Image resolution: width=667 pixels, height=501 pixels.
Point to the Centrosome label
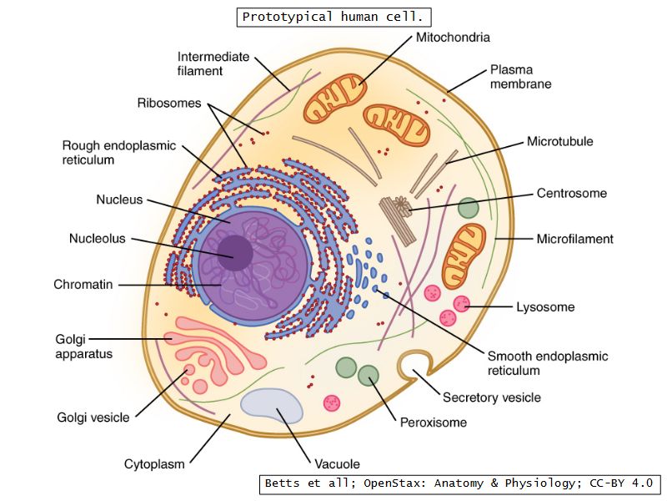[571, 194]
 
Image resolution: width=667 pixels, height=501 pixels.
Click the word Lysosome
[545, 307]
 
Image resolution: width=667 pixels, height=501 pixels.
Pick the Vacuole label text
[338, 464]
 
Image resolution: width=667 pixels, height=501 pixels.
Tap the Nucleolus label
[98, 239]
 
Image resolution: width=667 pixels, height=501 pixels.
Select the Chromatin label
[83, 285]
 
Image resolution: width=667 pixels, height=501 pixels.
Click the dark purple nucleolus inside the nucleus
[235, 252]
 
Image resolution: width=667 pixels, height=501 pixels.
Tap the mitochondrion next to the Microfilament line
[463, 255]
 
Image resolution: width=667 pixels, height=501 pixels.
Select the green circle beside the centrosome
[469, 208]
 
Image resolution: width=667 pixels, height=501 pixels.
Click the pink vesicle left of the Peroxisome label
[333, 402]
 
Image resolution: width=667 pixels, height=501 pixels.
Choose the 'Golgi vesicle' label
[93, 417]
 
